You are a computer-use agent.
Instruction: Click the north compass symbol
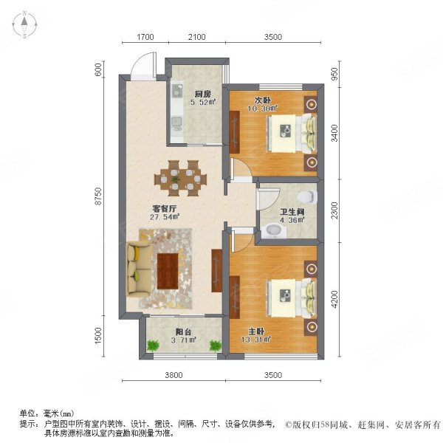24,24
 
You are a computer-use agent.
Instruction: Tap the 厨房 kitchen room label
204,94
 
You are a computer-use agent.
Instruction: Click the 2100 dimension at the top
196,36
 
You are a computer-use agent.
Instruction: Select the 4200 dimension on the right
334,299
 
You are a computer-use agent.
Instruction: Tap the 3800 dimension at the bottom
174,374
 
